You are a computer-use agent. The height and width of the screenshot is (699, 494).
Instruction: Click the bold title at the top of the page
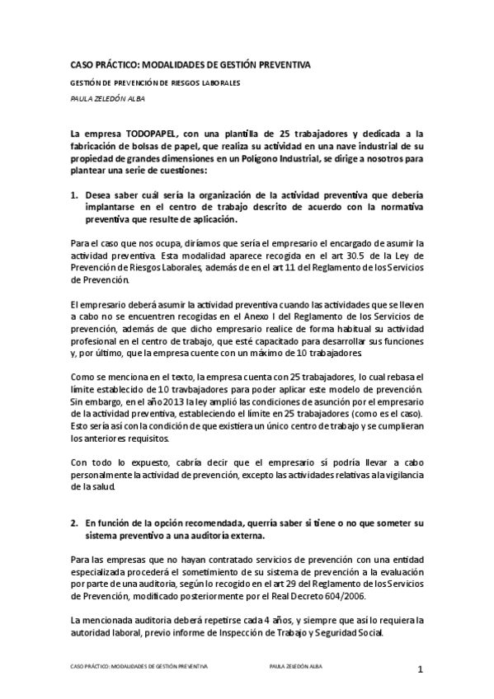pos(191,64)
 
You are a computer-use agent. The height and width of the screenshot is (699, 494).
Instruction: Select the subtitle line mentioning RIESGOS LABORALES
pos(155,84)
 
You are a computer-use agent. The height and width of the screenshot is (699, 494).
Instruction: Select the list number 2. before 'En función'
pos(74,523)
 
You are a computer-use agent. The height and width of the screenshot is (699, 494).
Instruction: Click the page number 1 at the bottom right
pos(420,669)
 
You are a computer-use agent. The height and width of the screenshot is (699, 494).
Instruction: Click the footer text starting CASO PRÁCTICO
pos(139,665)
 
